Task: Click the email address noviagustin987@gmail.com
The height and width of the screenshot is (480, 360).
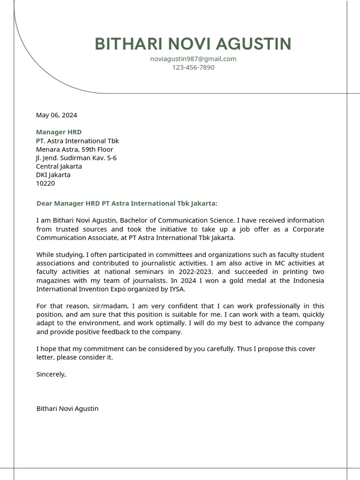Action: pyautogui.click(x=193, y=59)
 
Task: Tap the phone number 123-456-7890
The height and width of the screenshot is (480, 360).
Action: pyautogui.click(x=193, y=67)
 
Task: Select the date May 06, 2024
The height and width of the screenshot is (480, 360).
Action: pyautogui.click(x=57, y=115)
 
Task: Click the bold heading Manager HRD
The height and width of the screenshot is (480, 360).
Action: pyautogui.click(x=59, y=132)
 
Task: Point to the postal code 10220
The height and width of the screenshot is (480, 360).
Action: pyautogui.click(x=45, y=183)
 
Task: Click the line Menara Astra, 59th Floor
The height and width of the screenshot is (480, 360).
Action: pyautogui.click(x=75, y=150)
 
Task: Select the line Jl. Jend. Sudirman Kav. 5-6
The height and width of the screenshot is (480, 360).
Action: pyautogui.click(x=76, y=158)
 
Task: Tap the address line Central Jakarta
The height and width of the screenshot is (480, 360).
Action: pyautogui.click(x=59, y=166)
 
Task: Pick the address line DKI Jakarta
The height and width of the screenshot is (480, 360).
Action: pyautogui.click(x=53, y=175)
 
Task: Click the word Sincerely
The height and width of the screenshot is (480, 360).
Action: pyautogui.click(x=51, y=375)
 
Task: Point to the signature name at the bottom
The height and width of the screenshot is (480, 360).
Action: pyautogui.click(x=67, y=409)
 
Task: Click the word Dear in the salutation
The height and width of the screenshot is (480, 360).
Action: pyautogui.click(x=45, y=203)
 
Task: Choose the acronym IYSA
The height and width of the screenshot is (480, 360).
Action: pyautogui.click(x=177, y=289)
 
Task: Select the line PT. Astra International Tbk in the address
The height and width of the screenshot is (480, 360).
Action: pyautogui.click(x=77, y=141)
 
